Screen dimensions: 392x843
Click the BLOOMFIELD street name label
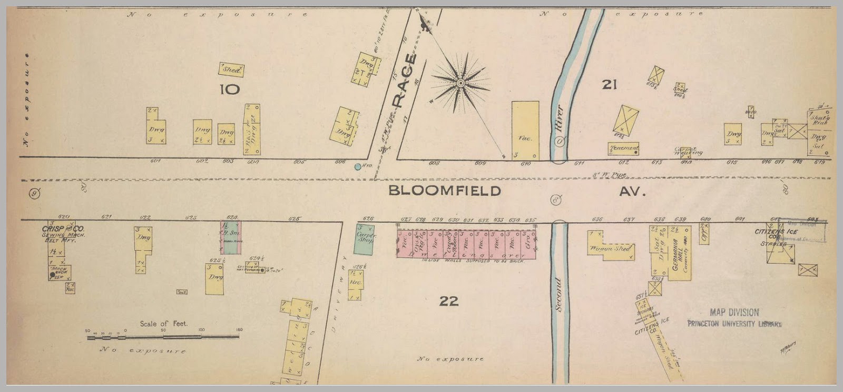tap(444, 190)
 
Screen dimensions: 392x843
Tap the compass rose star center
tap(460, 83)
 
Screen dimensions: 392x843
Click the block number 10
tap(230, 89)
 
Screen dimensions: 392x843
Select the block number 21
tap(609, 84)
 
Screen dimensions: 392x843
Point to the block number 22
tap(448, 301)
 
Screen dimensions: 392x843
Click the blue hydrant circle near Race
tap(358, 167)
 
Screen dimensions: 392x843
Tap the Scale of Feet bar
tap(163, 336)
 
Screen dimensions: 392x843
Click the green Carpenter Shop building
tap(364, 239)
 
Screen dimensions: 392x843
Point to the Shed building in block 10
tap(231, 69)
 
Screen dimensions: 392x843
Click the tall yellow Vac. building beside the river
tap(525, 130)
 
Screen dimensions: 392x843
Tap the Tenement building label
tap(623, 148)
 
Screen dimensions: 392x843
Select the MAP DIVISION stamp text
tap(734, 313)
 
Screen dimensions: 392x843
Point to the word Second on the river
tap(559, 295)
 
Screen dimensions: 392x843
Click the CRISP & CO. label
tap(63, 229)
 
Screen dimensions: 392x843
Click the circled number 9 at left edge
tap(35, 193)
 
